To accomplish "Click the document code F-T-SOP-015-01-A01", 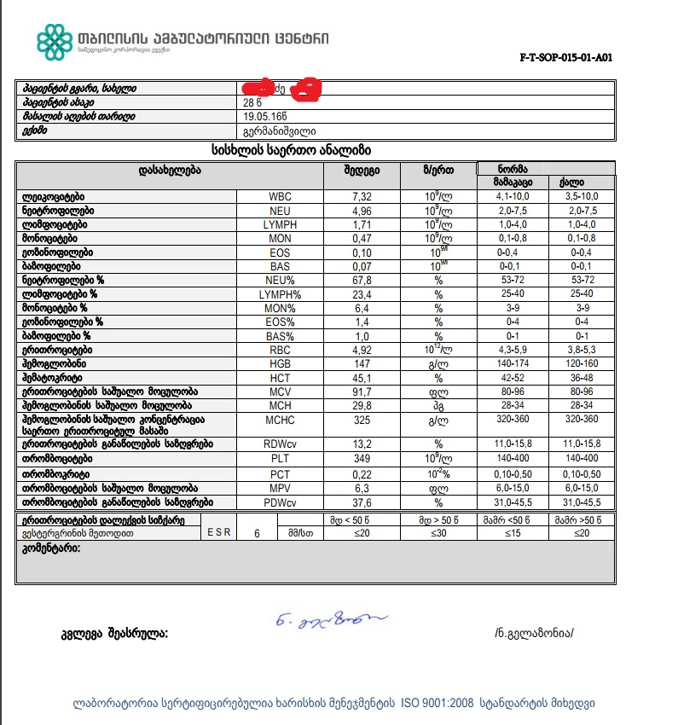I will (x=565, y=59).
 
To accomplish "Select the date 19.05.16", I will (x=264, y=117).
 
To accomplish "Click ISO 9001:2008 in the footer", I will (x=438, y=704).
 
